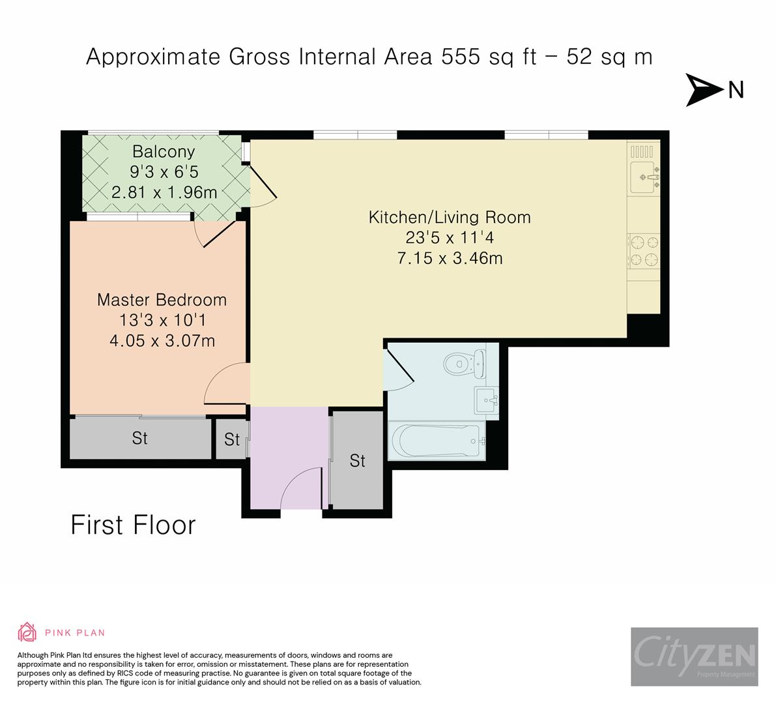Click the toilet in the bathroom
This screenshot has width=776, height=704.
pyautogui.click(x=465, y=363)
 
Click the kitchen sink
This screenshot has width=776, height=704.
pyautogui.click(x=645, y=177)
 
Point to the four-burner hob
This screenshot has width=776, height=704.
pyautogui.click(x=644, y=251)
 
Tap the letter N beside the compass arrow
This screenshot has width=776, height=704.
pyautogui.click(x=736, y=90)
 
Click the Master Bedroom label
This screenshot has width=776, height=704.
pyautogui.click(x=162, y=299)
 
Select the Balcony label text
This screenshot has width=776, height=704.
pyautogui.click(x=164, y=151)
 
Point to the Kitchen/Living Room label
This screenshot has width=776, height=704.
pyautogui.click(x=450, y=217)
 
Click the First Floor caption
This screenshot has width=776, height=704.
pyautogui.click(x=133, y=525)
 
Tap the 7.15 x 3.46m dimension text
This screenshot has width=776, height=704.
pyautogui.click(x=450, y=258)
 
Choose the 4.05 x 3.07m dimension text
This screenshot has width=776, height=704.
pyautogui.click(x=162, y=341)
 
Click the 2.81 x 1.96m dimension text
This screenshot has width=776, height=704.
pyautogui.click(x=164, y=192)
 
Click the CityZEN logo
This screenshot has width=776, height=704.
pyautogui.click(x=695, y=656)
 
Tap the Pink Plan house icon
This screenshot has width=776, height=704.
pyautogui.click(x=27, y=632)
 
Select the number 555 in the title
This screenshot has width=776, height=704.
pyautogui.click(x=461, y=57)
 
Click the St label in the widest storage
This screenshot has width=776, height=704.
pyautogui.click(x=139, y=438)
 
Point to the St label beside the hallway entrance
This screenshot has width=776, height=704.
pyautogui.click(x=357, y=461)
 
